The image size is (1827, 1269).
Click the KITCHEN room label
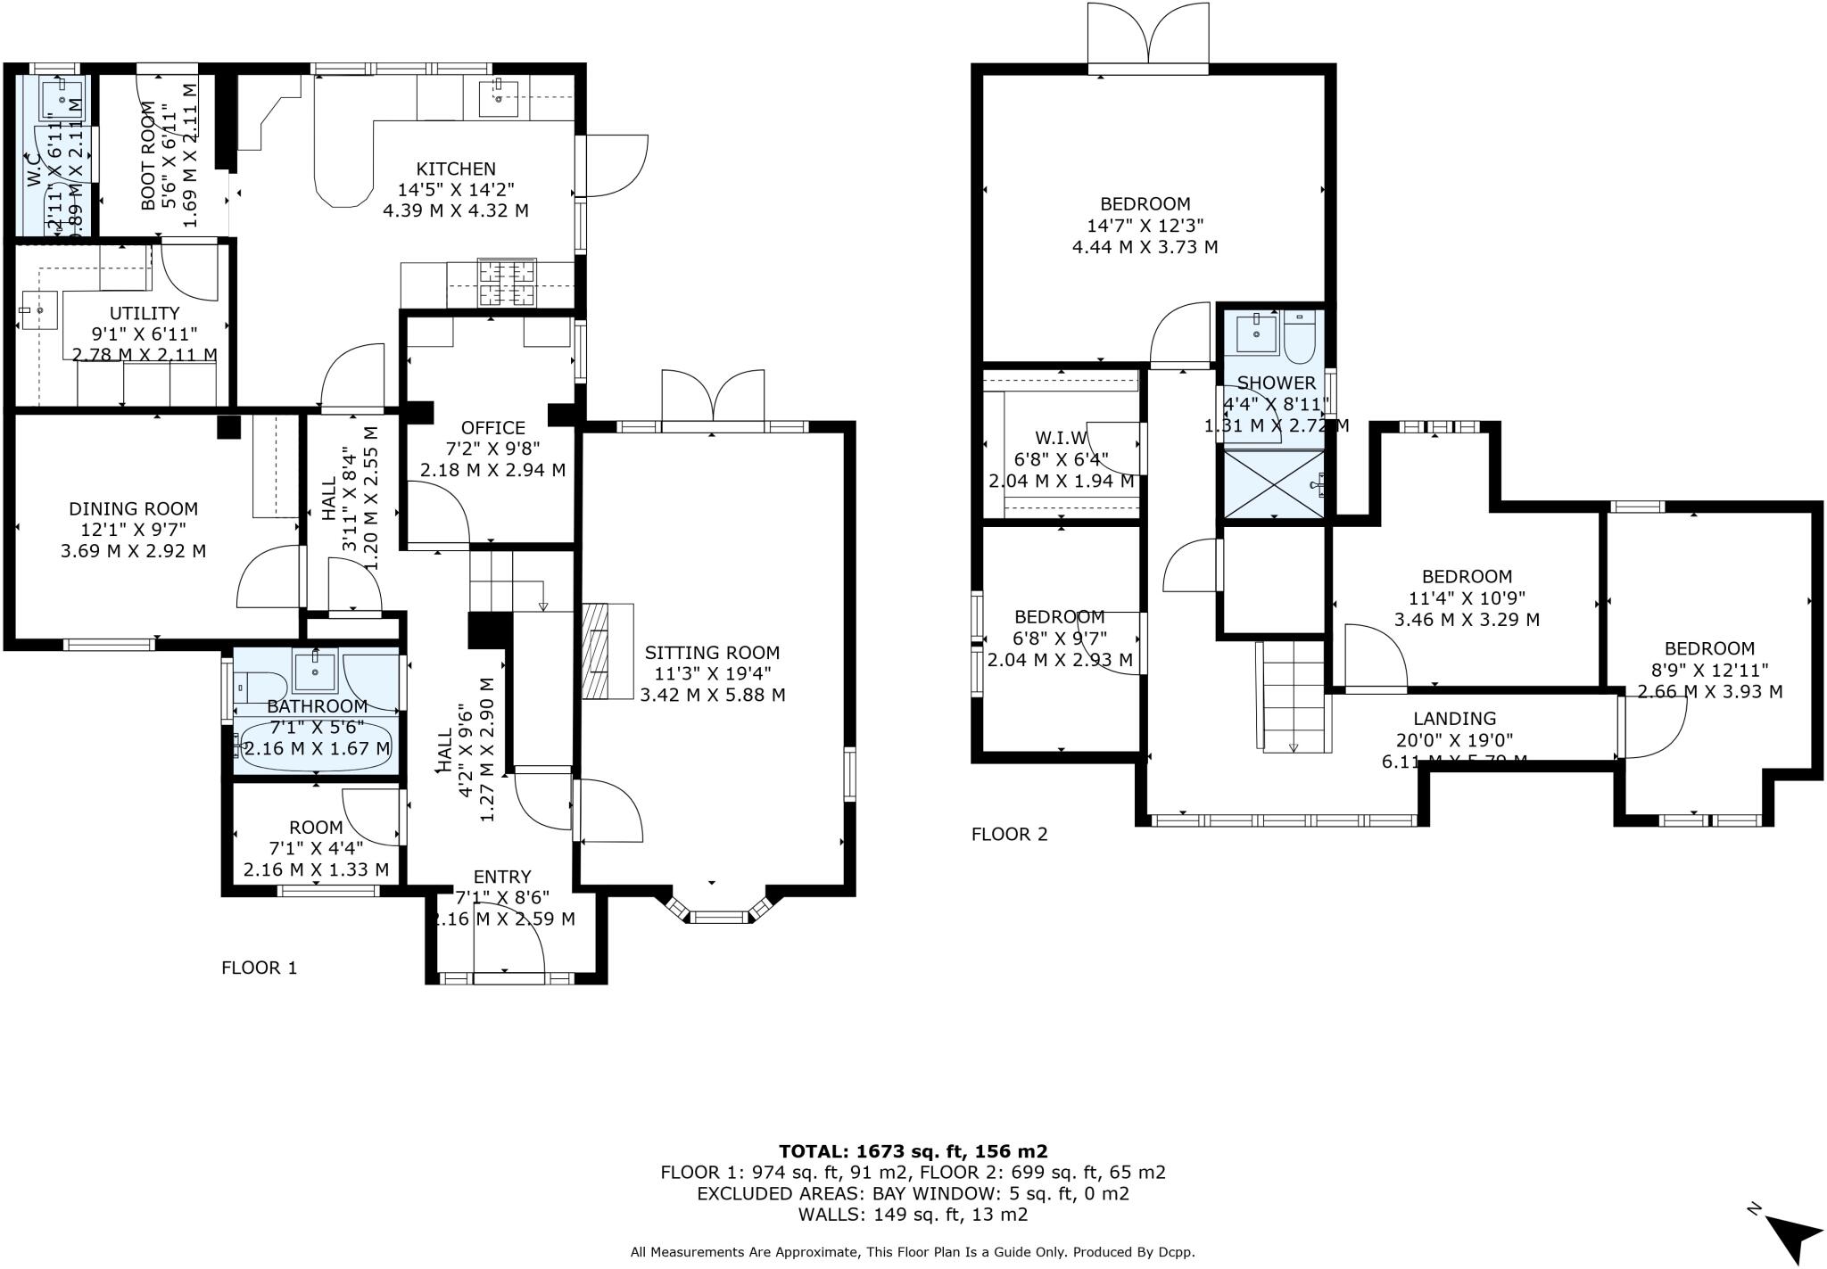455,169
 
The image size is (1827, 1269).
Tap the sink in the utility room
37,310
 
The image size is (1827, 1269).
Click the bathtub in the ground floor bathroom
316,747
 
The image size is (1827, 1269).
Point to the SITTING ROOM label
712,653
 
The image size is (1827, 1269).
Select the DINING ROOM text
133,508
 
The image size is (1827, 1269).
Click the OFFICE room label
492,427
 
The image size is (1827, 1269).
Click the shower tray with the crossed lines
1275,483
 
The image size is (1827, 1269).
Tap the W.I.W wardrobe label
1062,438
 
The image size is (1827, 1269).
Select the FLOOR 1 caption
259,968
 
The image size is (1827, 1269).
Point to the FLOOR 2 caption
1009,834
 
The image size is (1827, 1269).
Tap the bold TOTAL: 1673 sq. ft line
913,1151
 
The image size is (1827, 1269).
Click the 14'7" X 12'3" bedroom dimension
1145,225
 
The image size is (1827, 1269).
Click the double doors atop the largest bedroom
1148,36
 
